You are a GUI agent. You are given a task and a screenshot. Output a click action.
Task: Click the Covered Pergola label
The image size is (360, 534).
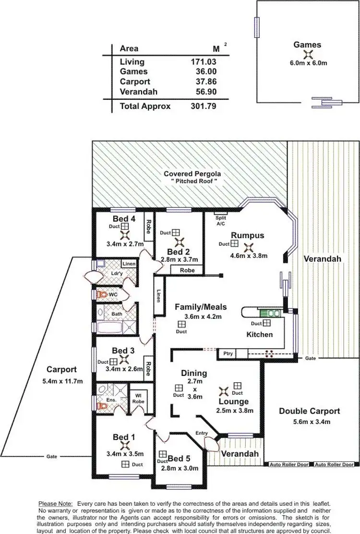tap(192, 173)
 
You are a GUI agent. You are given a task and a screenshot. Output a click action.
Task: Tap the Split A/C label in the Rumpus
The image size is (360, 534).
tap(221, 220)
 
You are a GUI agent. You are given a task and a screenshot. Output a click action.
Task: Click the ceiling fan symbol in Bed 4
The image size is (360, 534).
tap(125, 235)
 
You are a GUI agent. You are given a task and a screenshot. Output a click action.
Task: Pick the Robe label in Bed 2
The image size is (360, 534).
tap(187, 270)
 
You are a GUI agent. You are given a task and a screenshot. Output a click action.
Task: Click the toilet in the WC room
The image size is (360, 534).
tap(101, 293)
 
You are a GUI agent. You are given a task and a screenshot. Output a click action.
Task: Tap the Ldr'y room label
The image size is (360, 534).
tap(117, 274)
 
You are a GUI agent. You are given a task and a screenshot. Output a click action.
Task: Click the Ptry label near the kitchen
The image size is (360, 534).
tap(228, 353)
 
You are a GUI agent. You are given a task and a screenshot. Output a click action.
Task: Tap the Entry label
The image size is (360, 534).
tap(202, 433)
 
